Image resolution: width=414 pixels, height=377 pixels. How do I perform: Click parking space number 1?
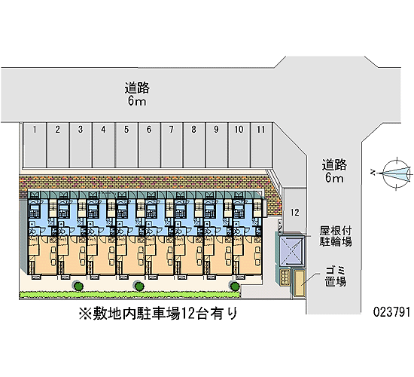[x=35, y=145]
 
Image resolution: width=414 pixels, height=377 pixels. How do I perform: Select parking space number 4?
[x=104, y=145]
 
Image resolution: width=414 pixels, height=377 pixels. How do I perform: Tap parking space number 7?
[x=172, y=145]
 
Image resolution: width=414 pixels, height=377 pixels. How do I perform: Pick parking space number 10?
[x=239, y=145]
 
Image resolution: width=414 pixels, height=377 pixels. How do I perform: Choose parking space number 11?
[x=262, y=145]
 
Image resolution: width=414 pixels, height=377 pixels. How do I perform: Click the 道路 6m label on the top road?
[x=137, y=94]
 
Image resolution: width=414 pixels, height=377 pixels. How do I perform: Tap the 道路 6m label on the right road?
[x=334, y=171]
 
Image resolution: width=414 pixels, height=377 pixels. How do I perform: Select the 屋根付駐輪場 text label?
[x=336, y=236]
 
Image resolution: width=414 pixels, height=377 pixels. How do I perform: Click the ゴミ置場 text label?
[x=336, y=277]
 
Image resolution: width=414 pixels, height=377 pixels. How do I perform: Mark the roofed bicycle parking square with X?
[x=291, y=251]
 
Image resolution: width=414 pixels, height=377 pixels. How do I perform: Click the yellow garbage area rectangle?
[x=300, y=282]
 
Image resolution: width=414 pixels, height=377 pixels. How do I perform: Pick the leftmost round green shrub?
[x=78, y=286]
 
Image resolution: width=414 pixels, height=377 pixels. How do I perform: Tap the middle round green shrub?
[x=139, y=286]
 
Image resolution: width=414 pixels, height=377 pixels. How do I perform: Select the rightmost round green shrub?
[x=235, y=286]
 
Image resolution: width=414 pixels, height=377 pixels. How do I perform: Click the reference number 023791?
[x=392, y=312]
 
